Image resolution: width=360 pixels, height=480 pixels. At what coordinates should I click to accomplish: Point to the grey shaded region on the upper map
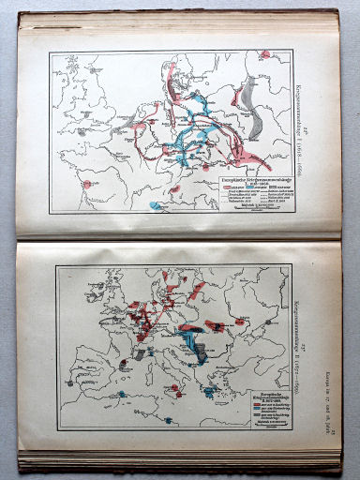[x=247, y=97]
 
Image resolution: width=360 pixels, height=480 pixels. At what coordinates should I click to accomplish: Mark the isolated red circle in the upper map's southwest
[x=86, y=185]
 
